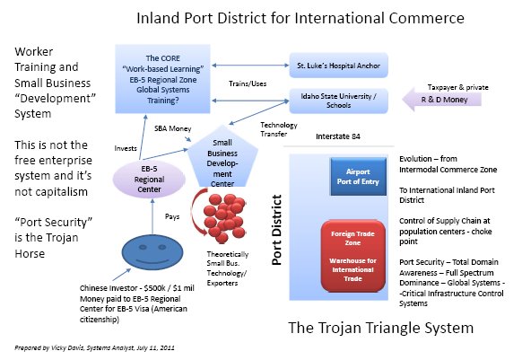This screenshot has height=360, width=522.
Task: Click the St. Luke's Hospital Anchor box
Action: point(338,66)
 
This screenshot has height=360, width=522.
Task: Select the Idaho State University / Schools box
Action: point(338,101)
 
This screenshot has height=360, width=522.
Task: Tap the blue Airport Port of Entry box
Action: point(358,177)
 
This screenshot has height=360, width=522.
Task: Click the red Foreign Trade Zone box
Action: point(353,256)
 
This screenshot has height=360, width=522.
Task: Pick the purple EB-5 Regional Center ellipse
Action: point(149,179)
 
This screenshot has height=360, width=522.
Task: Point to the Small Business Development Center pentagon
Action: point(222,158)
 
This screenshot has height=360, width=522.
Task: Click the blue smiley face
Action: point(152,252)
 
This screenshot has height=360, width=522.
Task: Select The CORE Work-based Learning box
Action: point(163,79)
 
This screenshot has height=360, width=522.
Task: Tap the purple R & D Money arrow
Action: point(441,100)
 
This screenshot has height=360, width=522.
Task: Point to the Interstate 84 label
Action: point(338,136)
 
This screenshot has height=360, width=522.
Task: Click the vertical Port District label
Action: point(276,230)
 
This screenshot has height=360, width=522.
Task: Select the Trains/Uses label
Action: point(248,83)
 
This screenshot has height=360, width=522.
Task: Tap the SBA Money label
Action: point(173,128)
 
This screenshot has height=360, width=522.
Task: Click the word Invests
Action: point(126,148)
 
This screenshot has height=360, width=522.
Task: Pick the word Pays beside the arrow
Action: point(172,216)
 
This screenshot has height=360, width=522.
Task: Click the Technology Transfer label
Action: point(279,129)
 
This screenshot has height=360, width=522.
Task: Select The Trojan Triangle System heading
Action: point(380,328)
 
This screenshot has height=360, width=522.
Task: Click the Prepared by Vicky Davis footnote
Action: point(94,348)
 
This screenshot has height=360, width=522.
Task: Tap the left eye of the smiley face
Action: point(143,248)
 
